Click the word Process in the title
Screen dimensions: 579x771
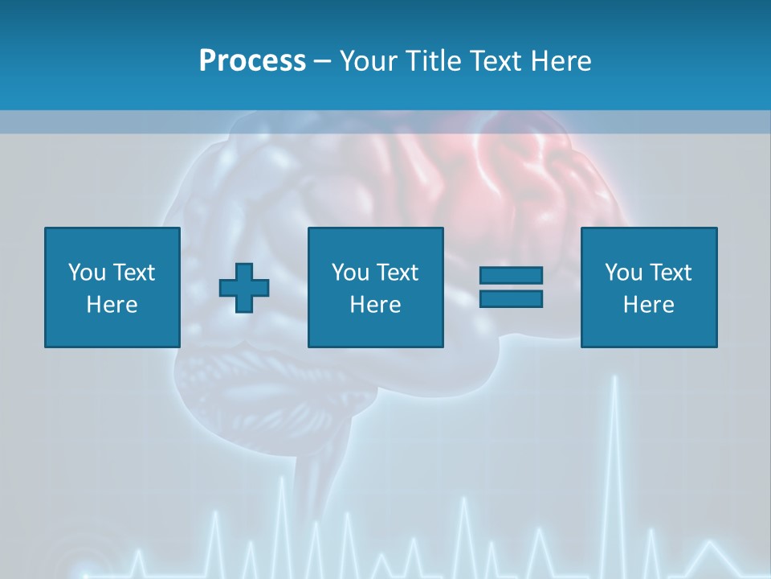[252, 61]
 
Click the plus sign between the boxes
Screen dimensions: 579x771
[244, 288]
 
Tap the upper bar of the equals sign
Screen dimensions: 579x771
[511, 276]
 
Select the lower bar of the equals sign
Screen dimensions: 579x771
[511, 298]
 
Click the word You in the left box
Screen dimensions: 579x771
[87, 273]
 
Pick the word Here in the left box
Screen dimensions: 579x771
[112, 305]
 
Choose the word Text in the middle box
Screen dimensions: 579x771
[397, 273]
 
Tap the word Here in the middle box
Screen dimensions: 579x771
[375, 305]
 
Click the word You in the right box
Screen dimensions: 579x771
[623, 273]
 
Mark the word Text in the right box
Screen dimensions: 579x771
[670, 273]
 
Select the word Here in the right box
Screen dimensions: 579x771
[648, 305]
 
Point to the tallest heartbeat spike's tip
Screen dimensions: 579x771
[614, 376]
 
